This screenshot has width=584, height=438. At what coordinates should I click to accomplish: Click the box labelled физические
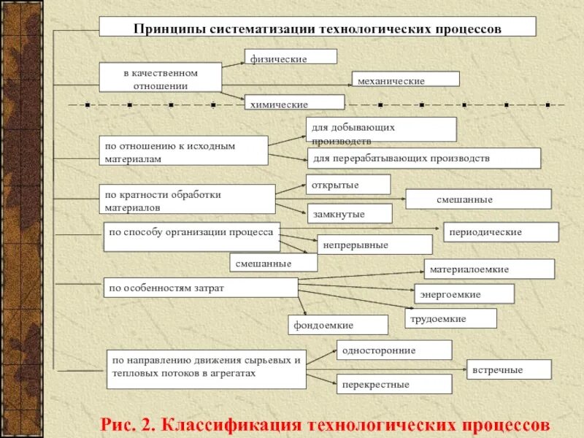pyautogui.click(x=291, y=57)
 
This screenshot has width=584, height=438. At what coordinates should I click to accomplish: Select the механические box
pyautogui.click(x=405, y=80)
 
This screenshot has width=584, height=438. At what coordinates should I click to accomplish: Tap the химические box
pyautogui.click(x=293, y=103)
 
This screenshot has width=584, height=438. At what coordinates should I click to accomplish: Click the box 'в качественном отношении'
pyautogui.click(x=160, y=77)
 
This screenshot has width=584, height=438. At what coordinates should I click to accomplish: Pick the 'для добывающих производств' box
pyautogui.click(x=380, y=130)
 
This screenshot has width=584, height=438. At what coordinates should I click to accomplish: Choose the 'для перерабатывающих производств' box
pyautogui.click(x=424, y=158)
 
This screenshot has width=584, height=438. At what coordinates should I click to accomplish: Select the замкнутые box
pyautogui.click(x=349, y=213)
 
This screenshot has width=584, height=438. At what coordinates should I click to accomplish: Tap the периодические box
pyautogui.click(x=501, y=232)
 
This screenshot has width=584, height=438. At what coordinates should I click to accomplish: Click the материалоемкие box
pyautogui.click(x=489, y=269)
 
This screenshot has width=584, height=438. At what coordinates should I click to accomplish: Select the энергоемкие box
pyautogui.click(x=464, y=294)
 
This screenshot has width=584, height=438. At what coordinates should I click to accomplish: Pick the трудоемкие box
pyautogui.click(x=450, y=318)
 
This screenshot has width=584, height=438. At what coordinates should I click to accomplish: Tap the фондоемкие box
pyautogui.click(x=338, y=325)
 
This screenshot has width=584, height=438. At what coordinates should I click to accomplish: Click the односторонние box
pyautogui.click(x=394, y=350)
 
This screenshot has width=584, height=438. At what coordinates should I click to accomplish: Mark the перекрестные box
pyautogui.click(x=394, y=384)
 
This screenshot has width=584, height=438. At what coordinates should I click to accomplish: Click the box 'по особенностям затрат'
pyautogui.click(x=200, y=288)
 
